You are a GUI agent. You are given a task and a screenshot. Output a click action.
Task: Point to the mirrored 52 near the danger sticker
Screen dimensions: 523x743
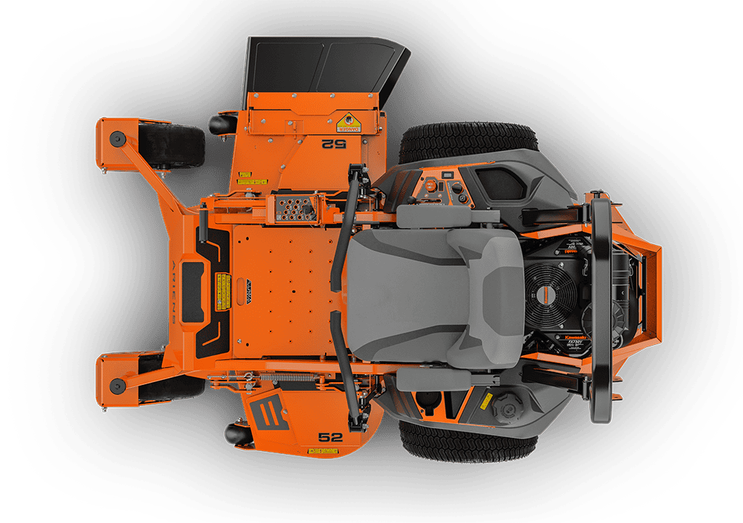pyautogui.click(x=334, y=143)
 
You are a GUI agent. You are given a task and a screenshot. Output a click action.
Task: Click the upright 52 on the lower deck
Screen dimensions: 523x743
pyautogui.click(x=330, y=437)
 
